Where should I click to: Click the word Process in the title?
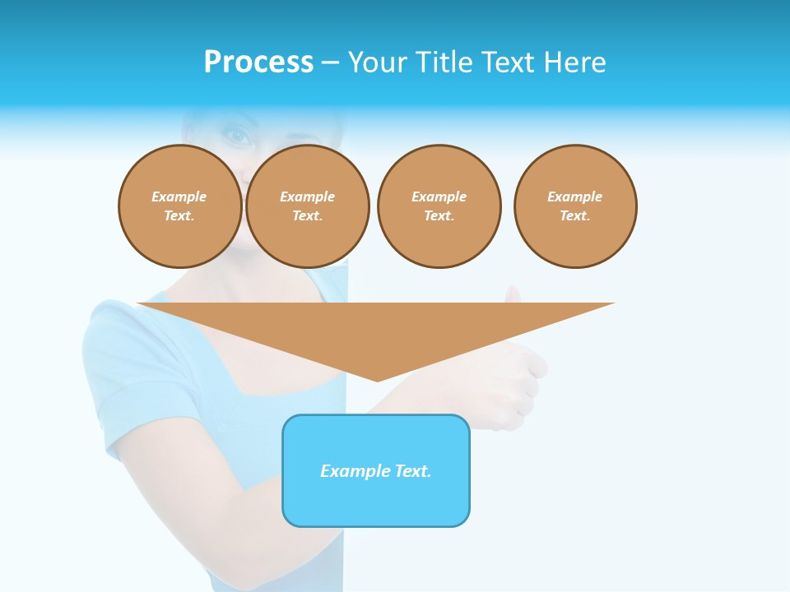[x=258, y=62]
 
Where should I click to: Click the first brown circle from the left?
[x=180, y=206]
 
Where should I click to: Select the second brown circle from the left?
[x=308, y=206]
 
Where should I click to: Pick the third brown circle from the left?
[x=439, y=206]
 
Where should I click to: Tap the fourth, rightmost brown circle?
[x=575, y=206]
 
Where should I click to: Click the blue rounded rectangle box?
[x=376, y=502]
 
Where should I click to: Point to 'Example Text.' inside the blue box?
[x=376, y=471]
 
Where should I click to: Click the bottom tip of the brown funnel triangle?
[x=377, y=379]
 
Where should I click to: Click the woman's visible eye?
[x=238, y=136]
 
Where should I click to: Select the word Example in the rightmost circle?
[x=575, y=197]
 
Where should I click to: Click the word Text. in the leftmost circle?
[x=179, y=216]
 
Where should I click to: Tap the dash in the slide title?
[x=331, y=62]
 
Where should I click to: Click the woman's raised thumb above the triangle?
[x=513, y=294]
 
